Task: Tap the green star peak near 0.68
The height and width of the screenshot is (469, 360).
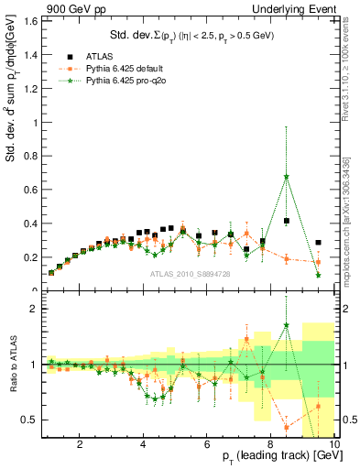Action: (287, 177)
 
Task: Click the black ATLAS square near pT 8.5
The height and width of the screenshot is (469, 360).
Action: (287, 221)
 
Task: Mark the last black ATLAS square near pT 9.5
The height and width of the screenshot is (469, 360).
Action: (318, 243)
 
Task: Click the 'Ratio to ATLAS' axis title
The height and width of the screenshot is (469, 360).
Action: (11, 365)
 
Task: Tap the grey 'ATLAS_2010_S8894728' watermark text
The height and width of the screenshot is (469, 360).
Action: (191, 275)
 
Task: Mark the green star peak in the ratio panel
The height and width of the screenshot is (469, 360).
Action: (287, 324)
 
